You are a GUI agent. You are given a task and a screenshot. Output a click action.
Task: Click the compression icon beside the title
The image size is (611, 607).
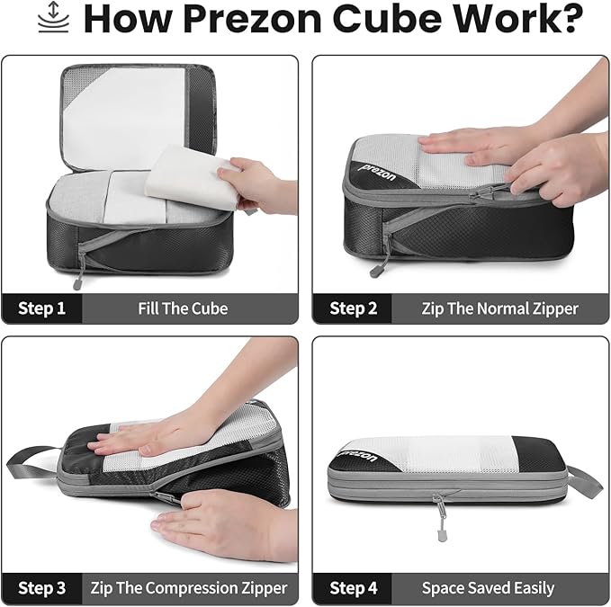[53, 17]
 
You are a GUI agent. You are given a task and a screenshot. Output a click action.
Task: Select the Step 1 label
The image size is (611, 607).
[41, 308]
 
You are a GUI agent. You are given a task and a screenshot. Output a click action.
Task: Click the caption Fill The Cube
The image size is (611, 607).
[183, 308]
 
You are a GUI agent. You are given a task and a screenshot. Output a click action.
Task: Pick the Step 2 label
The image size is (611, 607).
[353, 308]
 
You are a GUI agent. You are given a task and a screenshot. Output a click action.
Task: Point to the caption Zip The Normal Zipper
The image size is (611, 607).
[499, 308]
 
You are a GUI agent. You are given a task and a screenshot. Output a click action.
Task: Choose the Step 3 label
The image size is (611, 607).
[41, 588]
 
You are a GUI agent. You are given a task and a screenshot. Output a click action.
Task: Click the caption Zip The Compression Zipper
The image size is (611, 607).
[189, 588]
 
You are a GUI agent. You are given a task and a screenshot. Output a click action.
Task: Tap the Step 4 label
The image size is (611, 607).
[353, 588]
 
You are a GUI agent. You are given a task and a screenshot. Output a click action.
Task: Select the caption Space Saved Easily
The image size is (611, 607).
[488, 588]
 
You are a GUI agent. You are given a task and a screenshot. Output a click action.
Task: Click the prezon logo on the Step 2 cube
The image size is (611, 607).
[377, 173]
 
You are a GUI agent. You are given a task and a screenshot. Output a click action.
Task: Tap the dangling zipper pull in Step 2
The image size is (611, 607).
[377, 270]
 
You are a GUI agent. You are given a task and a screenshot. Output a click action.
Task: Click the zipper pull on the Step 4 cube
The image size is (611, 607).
[441, 519]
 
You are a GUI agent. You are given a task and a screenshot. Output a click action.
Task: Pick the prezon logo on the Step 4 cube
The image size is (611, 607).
[358, 455]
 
